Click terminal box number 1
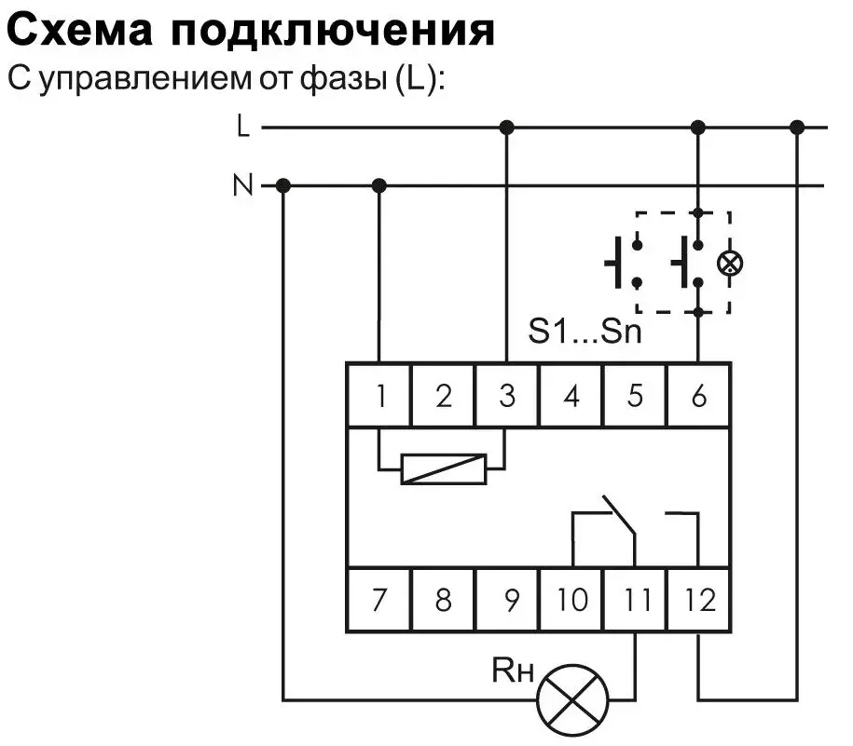pos(378,395)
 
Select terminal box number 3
pos(506,395)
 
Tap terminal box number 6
pos(698,395)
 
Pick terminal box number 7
pos(378,600)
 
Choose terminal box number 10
pos(571,600)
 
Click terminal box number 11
pos(635,600)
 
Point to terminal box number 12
pos(698,600)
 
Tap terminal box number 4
pos(571,395)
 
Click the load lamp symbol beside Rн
pos(572,699)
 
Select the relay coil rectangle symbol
pos(444,468)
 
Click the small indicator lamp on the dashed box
pos(730,264)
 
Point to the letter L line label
pos(243,126)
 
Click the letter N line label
pos(242,184)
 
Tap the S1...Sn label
pos(585,330)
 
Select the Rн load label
pos(513,669)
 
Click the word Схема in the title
pos(79,31)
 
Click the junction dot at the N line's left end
pos(282,186)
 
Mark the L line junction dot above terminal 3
pos(506,129)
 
